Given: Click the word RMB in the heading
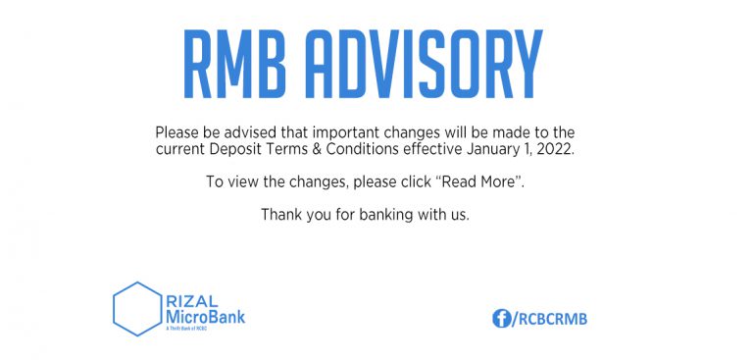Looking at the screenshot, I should (234, 65).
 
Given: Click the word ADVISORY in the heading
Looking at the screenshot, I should (423, 65).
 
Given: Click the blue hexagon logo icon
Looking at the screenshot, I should (136, 309).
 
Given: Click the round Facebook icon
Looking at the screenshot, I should (501, 318).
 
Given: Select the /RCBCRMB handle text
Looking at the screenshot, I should (550, 318).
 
